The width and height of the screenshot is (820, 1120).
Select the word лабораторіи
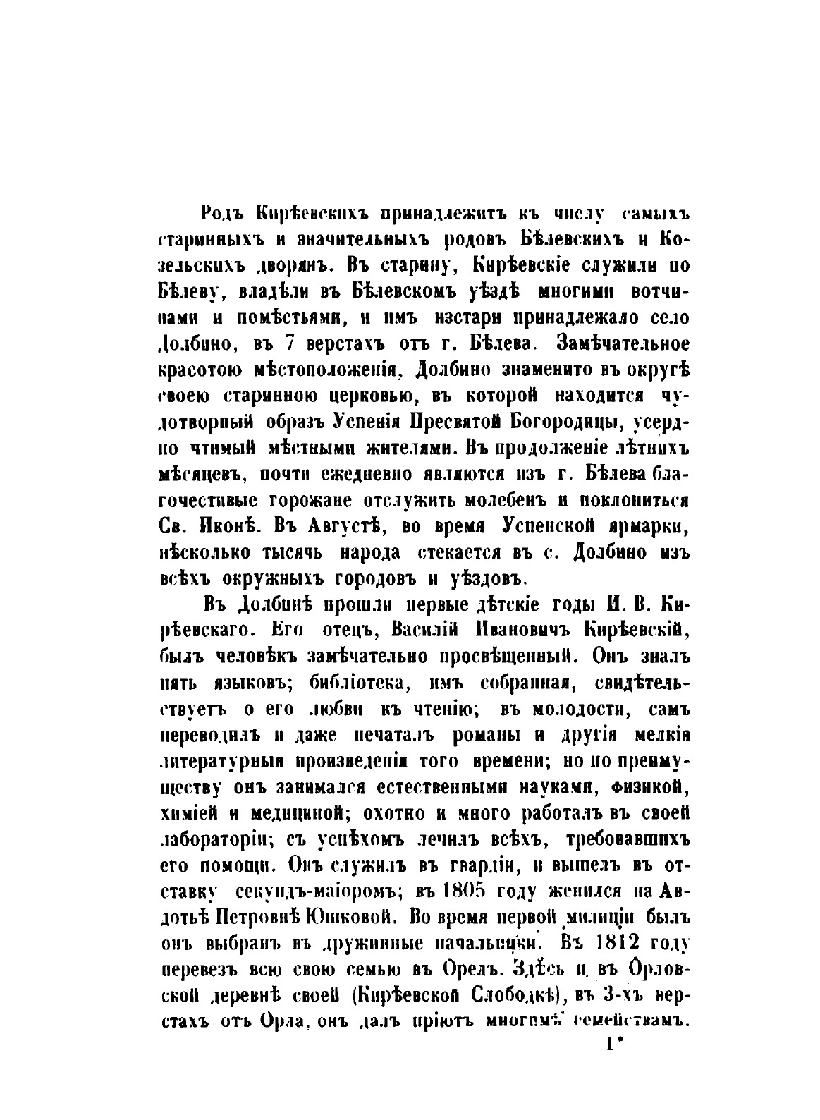212,837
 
